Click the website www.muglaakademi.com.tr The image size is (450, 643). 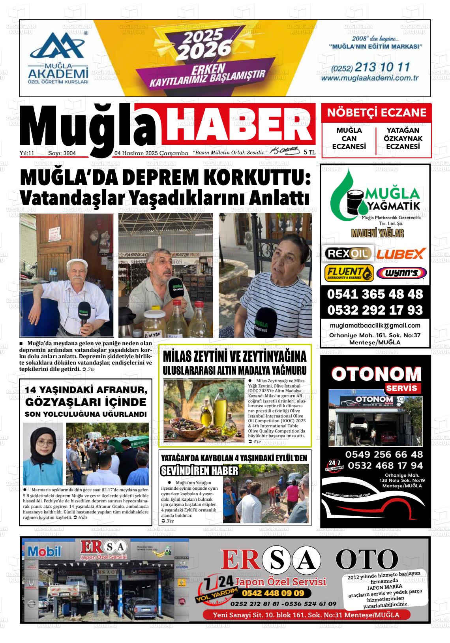(x=369, y=78)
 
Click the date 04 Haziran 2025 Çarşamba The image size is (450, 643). (x=151, y=153)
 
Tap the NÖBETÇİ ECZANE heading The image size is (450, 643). (x=377, y=113)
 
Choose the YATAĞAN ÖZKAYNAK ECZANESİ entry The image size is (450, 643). (x=403, y=138)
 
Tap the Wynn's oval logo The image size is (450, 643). (x=401, y=273)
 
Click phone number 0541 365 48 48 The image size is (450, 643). (x=375, y=294)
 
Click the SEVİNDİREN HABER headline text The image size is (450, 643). (x=200, y=470)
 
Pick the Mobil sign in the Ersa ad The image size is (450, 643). (x=44, y=551)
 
